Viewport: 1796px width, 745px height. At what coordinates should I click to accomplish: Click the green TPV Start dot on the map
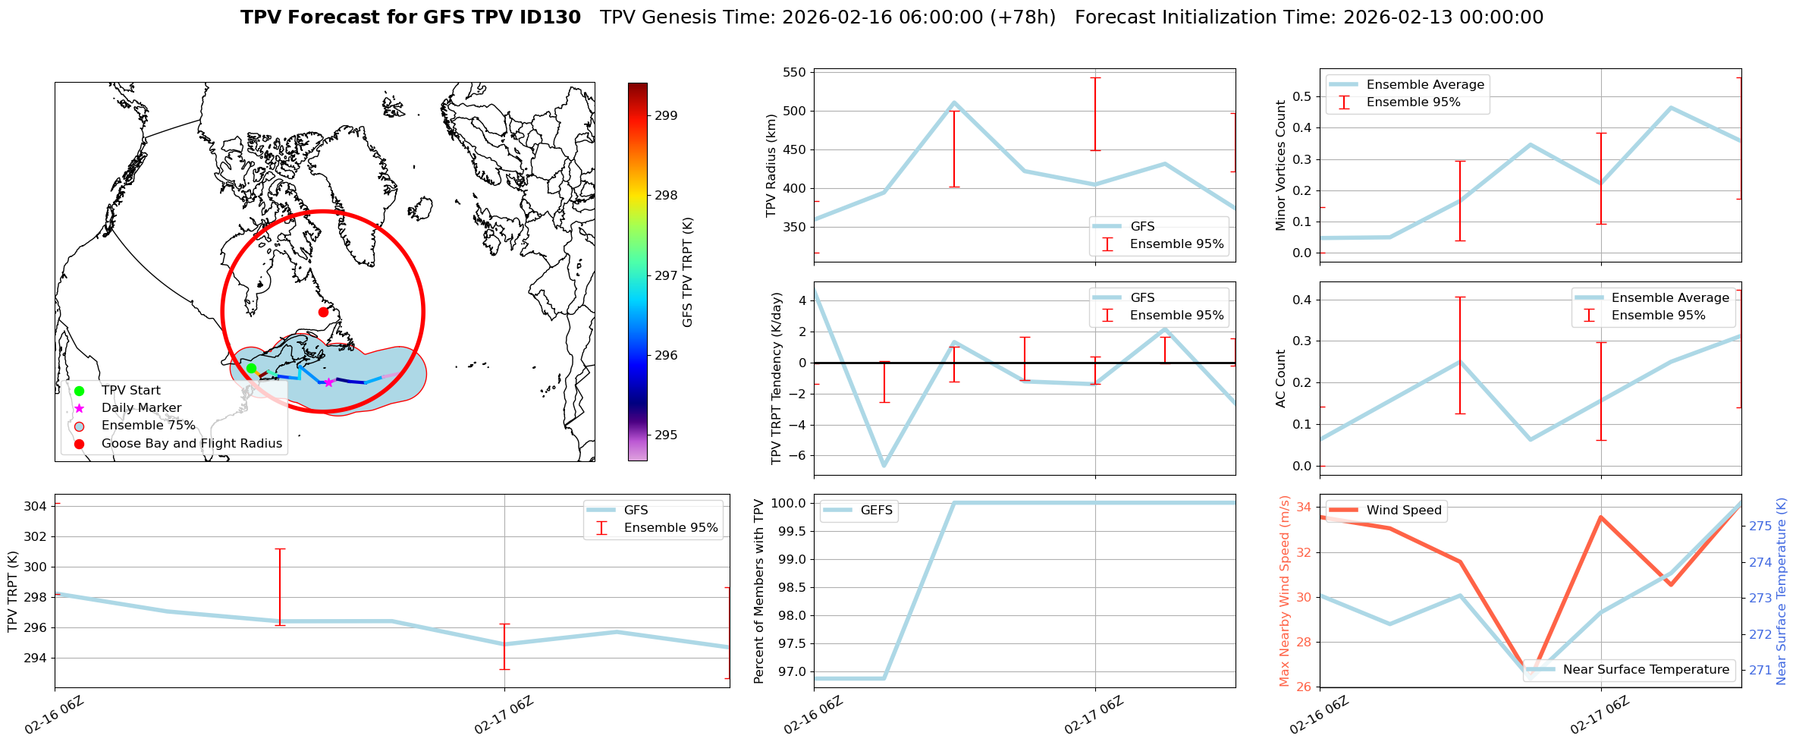(x=251, y=368)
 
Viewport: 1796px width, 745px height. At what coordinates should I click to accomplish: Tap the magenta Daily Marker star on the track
(x=328, y=382)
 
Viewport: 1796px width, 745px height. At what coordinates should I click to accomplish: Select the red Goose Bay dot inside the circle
(x=323, y=312)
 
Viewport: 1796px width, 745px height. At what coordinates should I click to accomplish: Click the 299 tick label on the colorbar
(x=666, y=115)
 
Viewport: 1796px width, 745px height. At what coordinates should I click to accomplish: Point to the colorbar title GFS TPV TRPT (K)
(x=687, y=272)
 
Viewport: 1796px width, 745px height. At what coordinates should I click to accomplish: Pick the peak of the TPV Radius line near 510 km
(x=954, y=102)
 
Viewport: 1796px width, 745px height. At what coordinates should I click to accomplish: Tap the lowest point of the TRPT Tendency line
(x=884, y=466)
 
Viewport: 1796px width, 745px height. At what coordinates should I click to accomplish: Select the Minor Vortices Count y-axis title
(x=1281, y=165)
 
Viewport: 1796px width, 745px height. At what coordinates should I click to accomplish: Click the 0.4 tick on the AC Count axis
(x=1302, y=300)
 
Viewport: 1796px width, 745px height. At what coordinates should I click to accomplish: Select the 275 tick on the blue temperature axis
(x=1760, y=526)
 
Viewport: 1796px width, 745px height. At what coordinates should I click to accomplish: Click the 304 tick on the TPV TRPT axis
(x=36, y=506)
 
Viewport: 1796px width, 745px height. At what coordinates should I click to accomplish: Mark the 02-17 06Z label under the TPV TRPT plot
(x=504, y=715)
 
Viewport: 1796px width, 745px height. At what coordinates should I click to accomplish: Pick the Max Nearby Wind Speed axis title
(x=1284, y=590)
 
